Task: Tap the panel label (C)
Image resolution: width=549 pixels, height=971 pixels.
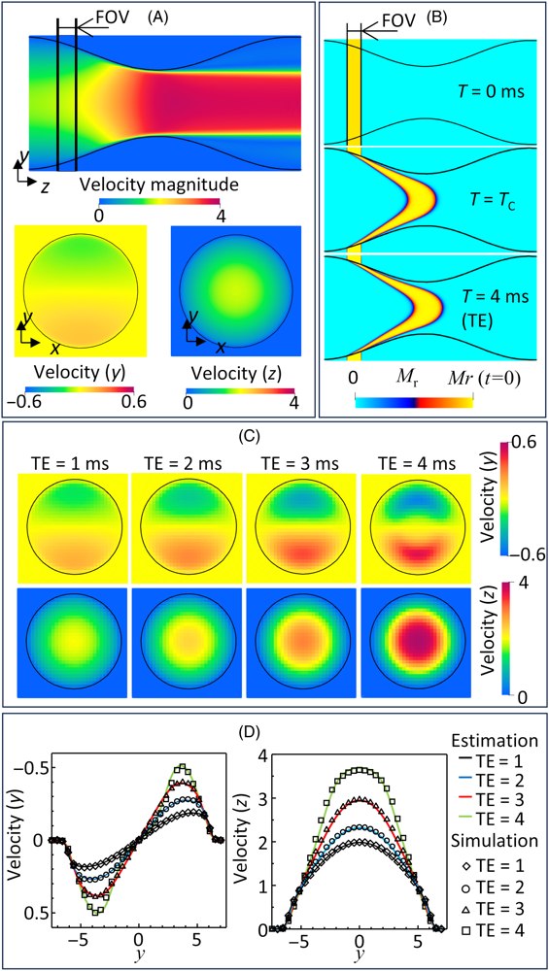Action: click(274, 437)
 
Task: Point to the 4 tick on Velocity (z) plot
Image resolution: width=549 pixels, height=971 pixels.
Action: click(251, 754)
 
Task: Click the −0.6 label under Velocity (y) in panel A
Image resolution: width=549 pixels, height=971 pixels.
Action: click(40, 402)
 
